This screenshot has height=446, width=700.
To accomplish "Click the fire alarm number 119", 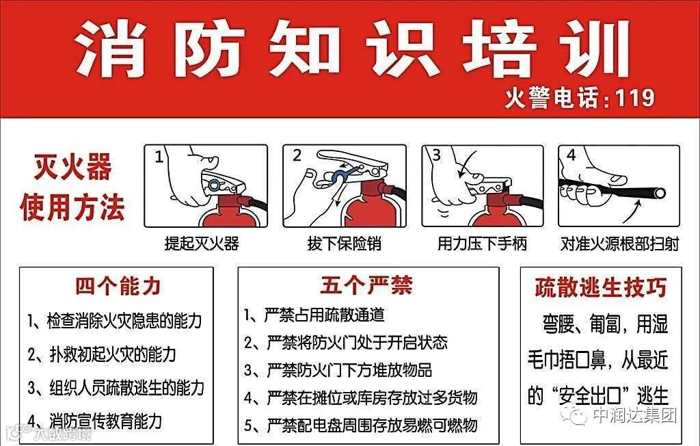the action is coord(635,98).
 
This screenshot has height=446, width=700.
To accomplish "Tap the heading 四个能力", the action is coord(118,287).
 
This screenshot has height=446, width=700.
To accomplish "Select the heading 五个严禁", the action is coord(366,285).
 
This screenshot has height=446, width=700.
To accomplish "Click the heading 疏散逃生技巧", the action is coord(601,287).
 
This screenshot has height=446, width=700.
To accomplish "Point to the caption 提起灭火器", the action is coord(202,244).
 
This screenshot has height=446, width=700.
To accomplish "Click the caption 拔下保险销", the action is coord(345,244).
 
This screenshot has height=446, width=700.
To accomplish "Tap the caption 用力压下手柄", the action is coord(482,244).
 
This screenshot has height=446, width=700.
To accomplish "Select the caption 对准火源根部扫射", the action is coord(619,244).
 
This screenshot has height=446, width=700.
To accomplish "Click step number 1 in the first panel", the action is coord(159,157).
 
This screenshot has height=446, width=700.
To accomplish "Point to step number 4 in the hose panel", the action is coord(571,155).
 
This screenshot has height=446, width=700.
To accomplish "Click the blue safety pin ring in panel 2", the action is coord(339,176).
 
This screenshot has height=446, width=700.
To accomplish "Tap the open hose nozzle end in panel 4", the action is coord(659,193).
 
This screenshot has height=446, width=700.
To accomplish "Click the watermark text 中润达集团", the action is coord(635,415).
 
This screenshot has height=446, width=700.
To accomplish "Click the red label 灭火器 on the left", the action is coord(72,167).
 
